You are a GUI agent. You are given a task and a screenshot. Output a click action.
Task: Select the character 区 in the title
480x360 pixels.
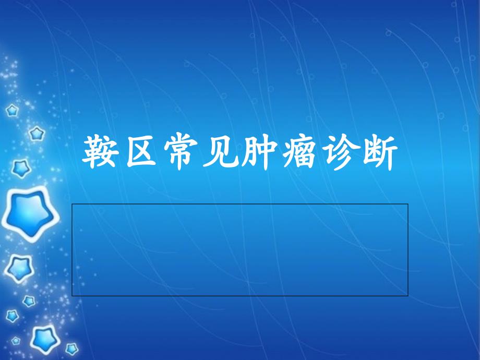click(x=141, y=152)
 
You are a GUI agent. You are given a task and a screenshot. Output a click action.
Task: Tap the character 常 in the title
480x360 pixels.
click(x=181, y=152)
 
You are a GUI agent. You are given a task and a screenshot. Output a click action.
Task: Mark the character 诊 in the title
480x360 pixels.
click(x=340, y=152)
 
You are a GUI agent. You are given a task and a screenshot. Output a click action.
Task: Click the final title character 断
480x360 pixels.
click(x=380, y=152)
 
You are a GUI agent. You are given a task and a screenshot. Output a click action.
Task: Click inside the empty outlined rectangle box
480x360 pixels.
click(x=239, y=250)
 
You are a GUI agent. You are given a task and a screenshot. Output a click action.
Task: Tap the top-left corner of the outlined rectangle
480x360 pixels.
click(x=72, y=204)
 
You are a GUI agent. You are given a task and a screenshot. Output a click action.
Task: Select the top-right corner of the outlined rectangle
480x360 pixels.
click(x=408, y=204)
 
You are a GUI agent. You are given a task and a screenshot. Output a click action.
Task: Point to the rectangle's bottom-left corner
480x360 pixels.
click(x=72, y=296)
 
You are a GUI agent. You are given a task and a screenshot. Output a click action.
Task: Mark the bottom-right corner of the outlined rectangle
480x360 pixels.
click(x=408, y=296)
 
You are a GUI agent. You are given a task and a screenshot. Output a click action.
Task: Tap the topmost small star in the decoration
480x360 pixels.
click(x=12, y=110)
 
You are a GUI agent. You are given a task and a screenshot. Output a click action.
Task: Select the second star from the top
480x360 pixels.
click(x=37, y=134)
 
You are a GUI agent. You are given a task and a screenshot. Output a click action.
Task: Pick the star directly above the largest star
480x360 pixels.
click(x=21, y=168)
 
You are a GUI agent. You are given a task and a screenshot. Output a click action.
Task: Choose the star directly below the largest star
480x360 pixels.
click(x=19, y=268)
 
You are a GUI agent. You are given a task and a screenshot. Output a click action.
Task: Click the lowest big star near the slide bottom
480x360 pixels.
click(x=45, y=339)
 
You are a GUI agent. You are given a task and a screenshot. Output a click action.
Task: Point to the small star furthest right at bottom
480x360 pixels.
click(x=72, y=349)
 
